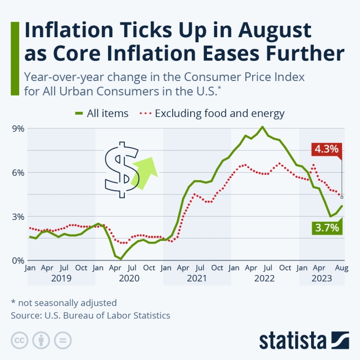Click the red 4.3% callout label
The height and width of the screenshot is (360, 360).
326,149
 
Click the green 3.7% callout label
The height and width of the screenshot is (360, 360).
326,228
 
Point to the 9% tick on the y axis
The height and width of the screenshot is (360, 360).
18,128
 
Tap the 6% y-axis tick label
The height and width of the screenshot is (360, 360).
18,173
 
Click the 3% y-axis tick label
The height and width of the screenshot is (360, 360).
18,217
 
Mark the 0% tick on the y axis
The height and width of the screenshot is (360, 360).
18,260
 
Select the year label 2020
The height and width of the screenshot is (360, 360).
129,278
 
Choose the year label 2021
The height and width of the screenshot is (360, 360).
197,278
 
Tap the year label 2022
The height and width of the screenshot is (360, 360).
264,278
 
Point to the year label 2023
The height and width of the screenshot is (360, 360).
321,278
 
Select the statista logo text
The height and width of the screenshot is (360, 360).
292,340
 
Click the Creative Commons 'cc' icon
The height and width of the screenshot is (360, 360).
20,340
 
